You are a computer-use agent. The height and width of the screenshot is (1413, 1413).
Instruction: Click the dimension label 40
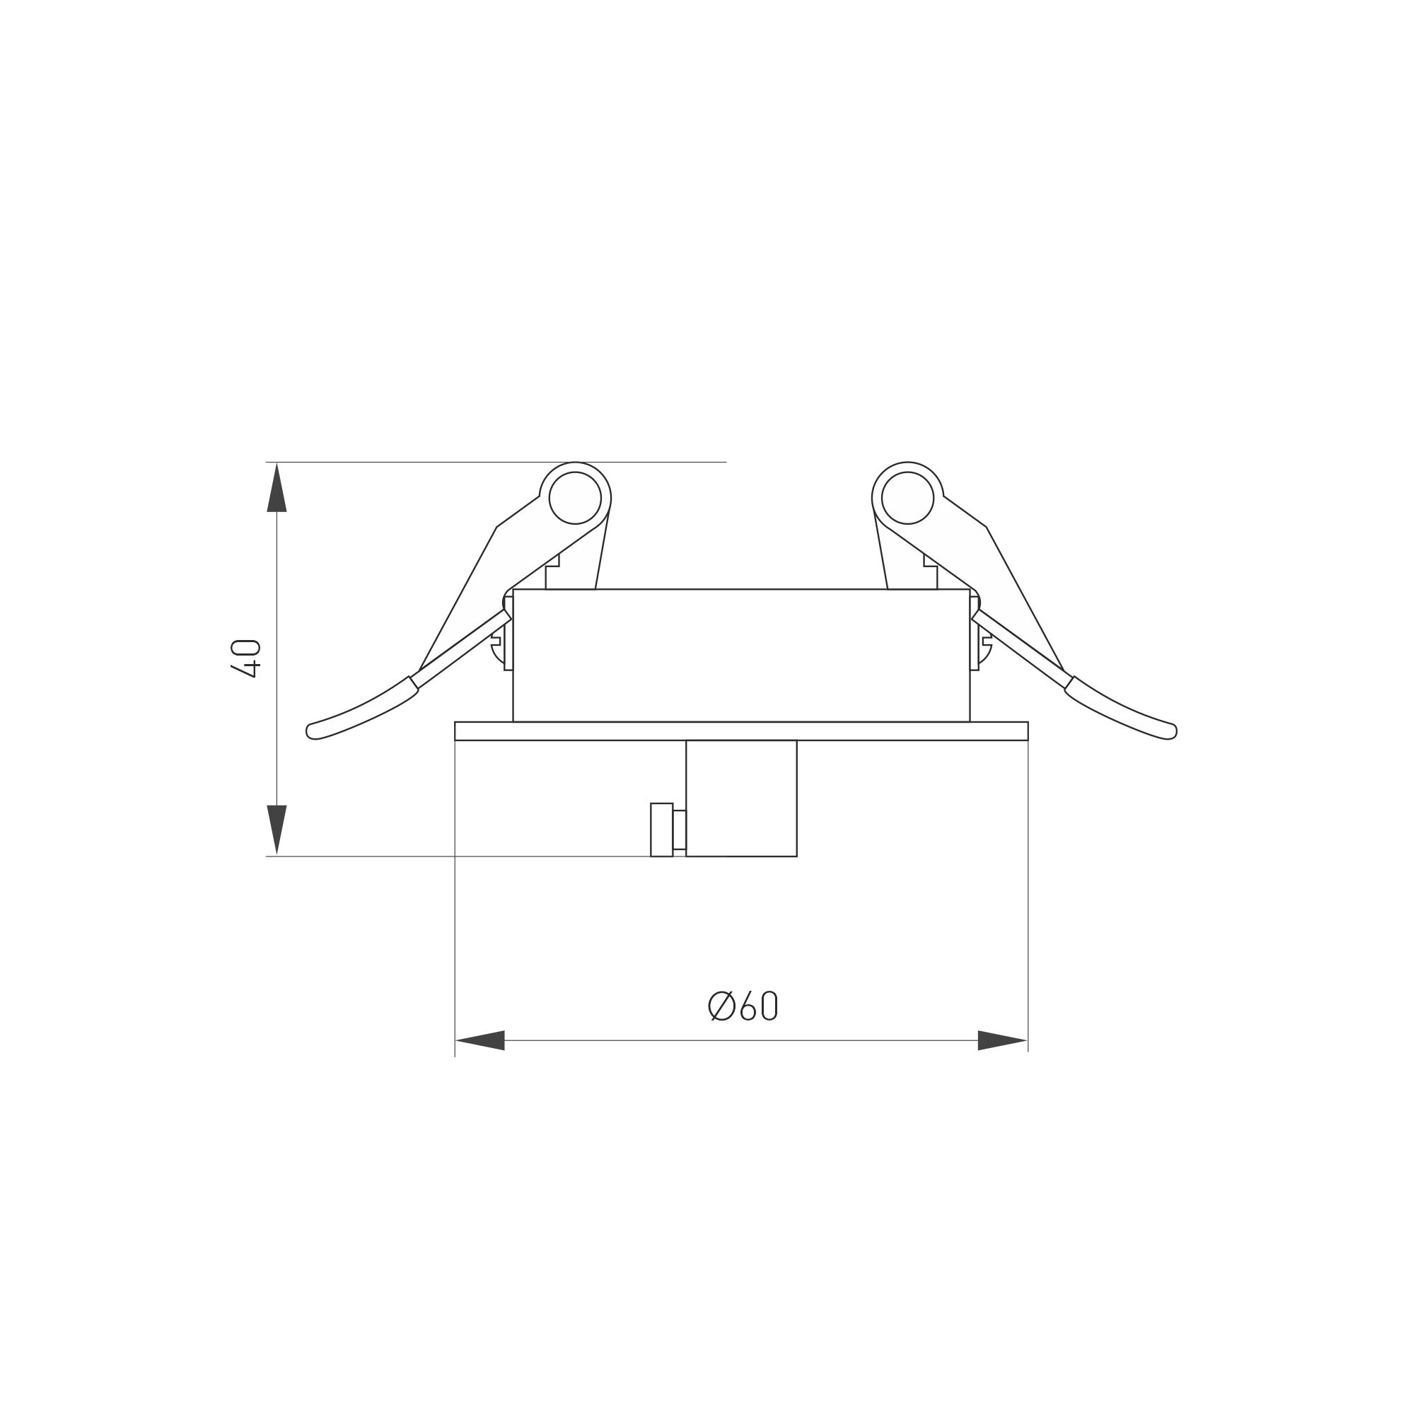[x=245, y=658]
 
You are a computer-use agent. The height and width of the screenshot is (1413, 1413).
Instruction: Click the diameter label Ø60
[x=743, y=1006]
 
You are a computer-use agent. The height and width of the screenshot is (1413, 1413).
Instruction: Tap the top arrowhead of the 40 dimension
[x=277, y=489]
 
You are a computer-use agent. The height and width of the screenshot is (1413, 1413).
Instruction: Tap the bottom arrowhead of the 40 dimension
[x=277, y=828]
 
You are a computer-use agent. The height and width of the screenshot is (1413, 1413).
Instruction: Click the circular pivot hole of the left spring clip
[x=575, y=498]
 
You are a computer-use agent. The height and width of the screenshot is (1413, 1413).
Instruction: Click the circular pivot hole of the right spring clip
[x=907, y=498]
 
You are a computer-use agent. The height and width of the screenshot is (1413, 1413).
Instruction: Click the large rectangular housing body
[x=741, y=656]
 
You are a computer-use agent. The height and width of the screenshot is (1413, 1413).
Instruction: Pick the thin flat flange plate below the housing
[x=741, y=731]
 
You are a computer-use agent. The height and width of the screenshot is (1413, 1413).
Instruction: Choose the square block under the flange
[x=741, y=798]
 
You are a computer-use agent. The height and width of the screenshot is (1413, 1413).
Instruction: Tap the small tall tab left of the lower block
[x=661, y=830]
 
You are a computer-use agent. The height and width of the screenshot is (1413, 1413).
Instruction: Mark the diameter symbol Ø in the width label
[x=722, y=1006]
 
